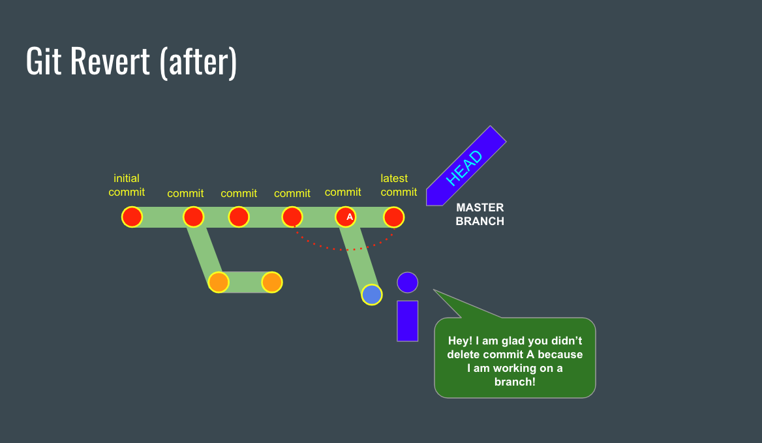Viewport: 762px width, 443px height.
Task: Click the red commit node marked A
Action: (x=346, y=217)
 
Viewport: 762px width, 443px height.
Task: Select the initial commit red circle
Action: (x=132, y=217)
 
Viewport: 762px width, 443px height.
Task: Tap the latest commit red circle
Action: (x=393, y=217)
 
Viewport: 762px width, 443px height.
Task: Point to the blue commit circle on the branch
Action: (x=372, y=294)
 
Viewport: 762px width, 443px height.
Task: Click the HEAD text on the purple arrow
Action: (x=465, y=168)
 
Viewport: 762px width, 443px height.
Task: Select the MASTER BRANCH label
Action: (x=480, y=214)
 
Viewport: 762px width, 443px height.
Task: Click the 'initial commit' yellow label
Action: (x=127, y=185)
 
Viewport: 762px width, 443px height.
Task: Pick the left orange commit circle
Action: (x=219, y=283)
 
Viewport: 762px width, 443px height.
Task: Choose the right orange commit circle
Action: (x=271, y=283)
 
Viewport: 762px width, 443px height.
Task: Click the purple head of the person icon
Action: (x=407, y=283)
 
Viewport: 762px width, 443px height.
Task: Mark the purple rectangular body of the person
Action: (x=407, y=320)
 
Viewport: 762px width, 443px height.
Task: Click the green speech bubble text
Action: (x=515, y=361)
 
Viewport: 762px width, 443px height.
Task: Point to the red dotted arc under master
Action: (x=344, y=249)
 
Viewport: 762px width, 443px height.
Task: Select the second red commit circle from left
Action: (x=194, y=217)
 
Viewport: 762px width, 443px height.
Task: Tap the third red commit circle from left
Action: (x=239, y=217)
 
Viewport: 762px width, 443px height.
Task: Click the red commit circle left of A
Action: (x=292, y=217)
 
